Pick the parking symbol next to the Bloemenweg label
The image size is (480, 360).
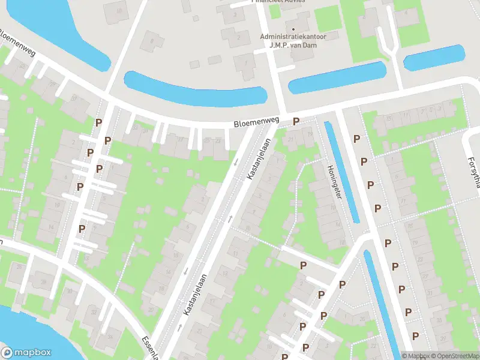(x=295, y=122)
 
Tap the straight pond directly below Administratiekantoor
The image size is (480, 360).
(x=337, y=78)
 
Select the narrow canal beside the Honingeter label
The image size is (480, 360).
(x=342, y=171)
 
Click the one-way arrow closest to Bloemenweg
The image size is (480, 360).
(x=236, y=161)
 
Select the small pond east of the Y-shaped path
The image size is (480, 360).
(x=434, y=59)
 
